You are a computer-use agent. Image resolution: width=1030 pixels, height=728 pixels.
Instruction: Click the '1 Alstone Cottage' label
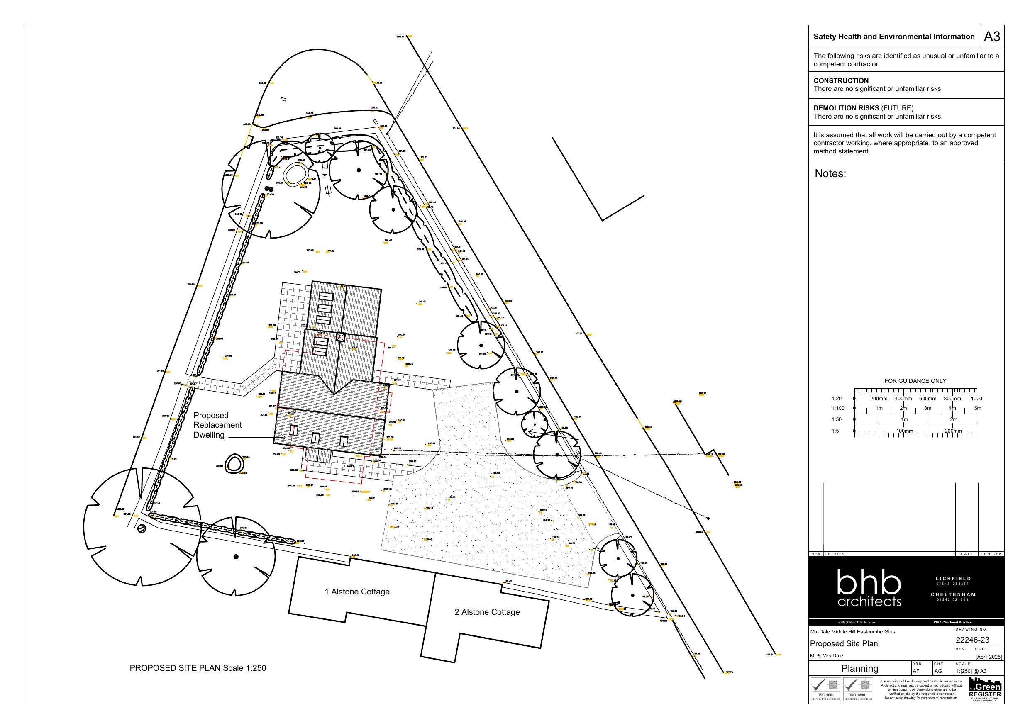[357, 592]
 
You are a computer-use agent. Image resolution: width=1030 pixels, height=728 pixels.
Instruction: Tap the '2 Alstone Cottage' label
[487, 612]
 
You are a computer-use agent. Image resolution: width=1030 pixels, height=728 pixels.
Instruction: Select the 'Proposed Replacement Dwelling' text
[217, 425]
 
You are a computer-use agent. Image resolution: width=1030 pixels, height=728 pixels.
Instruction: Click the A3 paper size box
[992, 37]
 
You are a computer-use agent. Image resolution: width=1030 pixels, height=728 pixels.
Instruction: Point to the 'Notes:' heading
[830, 173]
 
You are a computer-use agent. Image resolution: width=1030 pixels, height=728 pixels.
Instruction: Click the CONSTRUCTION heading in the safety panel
[841, 81]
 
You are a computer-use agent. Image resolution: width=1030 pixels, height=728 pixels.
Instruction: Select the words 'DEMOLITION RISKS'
[846, 108]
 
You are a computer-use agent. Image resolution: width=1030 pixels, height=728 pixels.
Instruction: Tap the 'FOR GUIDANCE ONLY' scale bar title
[915, 381]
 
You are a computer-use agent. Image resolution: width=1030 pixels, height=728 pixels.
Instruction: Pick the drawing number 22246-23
[972, 640]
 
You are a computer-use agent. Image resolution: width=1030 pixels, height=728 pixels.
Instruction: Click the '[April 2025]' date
[988, 657]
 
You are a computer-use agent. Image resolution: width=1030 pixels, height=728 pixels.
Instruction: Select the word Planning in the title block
[859, 668]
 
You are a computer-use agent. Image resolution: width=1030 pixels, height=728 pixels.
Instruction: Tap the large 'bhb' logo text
[869, 583]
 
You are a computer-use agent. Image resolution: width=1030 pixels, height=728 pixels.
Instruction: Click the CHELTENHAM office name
[953, 594]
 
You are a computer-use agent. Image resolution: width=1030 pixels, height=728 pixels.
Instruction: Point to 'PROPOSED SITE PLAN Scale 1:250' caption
[198, 668]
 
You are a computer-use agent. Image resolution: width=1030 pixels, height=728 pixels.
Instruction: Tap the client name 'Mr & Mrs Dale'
[826, 655]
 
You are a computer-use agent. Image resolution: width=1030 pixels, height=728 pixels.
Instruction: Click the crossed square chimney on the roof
[340, 337]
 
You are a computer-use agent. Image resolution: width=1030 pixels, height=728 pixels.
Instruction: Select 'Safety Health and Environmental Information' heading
[893, 37]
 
